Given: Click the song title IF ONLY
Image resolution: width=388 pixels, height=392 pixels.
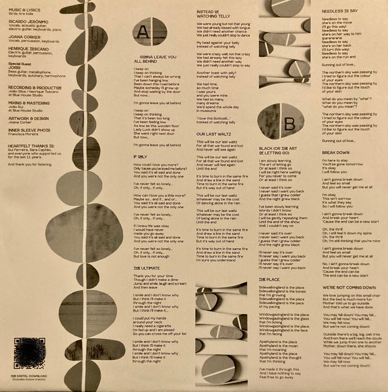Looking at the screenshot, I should coord(141,157).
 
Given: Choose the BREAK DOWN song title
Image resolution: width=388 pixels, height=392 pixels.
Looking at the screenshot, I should coord(336,152).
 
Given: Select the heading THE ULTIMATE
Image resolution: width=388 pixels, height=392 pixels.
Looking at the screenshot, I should coord(147,268).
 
